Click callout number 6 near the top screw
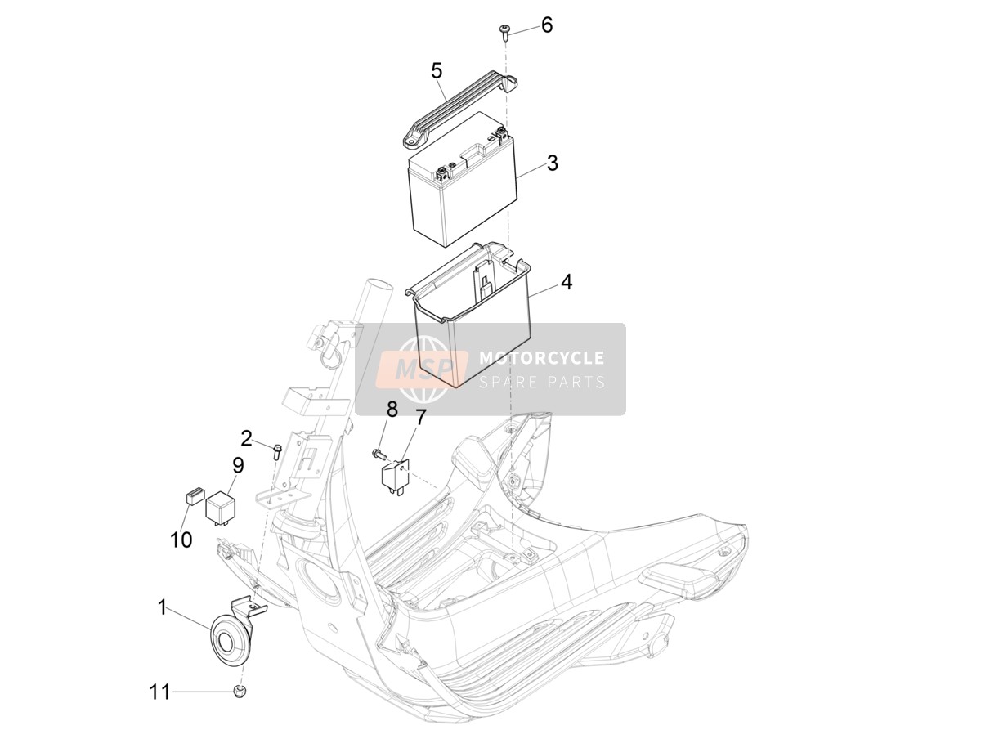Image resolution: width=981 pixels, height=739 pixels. point(547,25)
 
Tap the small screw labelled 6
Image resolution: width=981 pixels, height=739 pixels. point(504,33)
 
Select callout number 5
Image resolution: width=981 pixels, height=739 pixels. point(437,71)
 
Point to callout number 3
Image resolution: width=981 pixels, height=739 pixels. point(553,163)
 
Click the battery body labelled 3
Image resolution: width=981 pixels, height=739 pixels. point(463,181)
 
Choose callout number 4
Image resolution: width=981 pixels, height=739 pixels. point(567,282)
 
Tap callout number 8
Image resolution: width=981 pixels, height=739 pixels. point(392,410)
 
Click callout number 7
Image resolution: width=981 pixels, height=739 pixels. point(420,418)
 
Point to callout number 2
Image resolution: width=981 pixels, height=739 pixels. point(246,438)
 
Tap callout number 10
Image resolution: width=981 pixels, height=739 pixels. point(181,540)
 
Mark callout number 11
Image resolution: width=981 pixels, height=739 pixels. point(159,692)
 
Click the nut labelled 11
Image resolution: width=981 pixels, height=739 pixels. point(240,692)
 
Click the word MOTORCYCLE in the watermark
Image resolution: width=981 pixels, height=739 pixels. point(542,358)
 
